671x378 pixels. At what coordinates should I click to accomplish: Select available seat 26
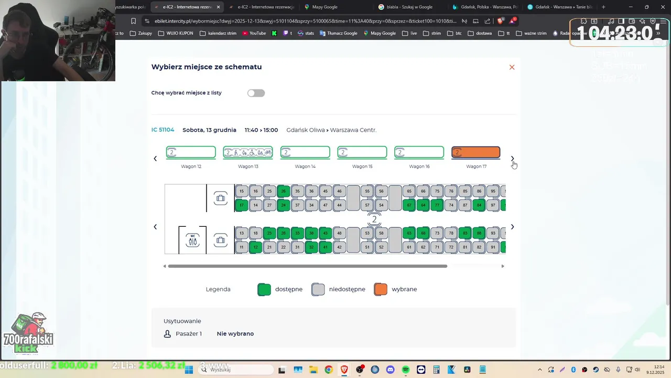click(x=284, y=191)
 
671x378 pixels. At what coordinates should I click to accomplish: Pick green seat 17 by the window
click(x=242, y=205)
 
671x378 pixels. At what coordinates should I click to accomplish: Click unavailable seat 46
click(x=339, y=191)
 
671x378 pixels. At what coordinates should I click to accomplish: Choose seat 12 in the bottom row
click(x=255, y=247)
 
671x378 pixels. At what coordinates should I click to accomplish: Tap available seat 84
click(x=479, y=205)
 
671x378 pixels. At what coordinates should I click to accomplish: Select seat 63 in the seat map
click(x=409, y=233)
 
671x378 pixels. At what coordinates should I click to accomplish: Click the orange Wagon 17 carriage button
click(x=476, y=153)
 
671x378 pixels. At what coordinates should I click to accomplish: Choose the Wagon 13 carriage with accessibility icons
click(x=248, y=153)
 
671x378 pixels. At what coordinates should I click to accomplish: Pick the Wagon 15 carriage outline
click(x=362, y=153)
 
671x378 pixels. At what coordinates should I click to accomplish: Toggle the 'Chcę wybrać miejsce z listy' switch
click(x=256, y=93)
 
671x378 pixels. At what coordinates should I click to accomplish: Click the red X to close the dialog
click(x=512, y=67)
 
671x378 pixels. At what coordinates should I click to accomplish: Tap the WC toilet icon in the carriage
click(x=193, y=240)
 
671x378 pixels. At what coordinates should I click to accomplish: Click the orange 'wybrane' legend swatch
click(x=381, y=289)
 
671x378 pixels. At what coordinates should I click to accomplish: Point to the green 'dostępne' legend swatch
click(x=264, y=289)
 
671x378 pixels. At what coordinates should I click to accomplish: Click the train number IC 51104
click(x=163, y=130)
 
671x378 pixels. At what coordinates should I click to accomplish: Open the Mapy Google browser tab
click(x=324, y=7)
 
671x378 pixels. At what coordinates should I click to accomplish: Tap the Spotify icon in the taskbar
click(x=406, y=370)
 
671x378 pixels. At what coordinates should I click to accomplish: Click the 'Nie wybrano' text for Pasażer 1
click(x=235, y=333)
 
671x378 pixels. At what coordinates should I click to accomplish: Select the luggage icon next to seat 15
click(x=221, y=198)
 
